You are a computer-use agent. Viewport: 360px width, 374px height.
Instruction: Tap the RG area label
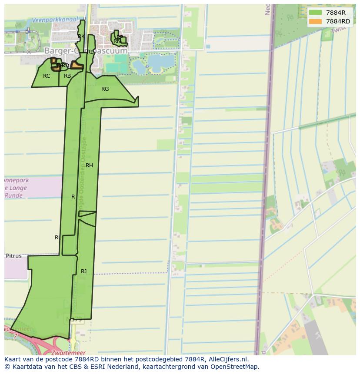coord(105,89)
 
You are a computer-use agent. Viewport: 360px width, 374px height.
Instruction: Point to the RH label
coord(89,165)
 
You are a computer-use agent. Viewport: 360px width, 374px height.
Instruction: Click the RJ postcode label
coord(83,271)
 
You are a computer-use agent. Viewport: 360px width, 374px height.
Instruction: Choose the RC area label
coord(47,76)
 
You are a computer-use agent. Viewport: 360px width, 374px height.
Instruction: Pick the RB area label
coord(67,76)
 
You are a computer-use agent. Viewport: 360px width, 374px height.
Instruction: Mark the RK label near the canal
coord(81,37)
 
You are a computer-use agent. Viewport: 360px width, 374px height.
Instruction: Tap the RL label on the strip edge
coord(58,238)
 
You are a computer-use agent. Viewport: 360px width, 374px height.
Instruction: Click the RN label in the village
coord(117,41)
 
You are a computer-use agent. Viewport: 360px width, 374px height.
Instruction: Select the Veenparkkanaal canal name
coord(55,20)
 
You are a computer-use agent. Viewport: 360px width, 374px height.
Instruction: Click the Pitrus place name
coord(13,256)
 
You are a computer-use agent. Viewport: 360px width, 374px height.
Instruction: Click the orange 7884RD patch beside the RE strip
coord(77,66)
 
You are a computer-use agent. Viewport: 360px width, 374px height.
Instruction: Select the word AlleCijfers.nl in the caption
coord(227,359)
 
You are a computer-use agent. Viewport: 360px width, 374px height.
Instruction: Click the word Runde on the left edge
coord(14,195)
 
